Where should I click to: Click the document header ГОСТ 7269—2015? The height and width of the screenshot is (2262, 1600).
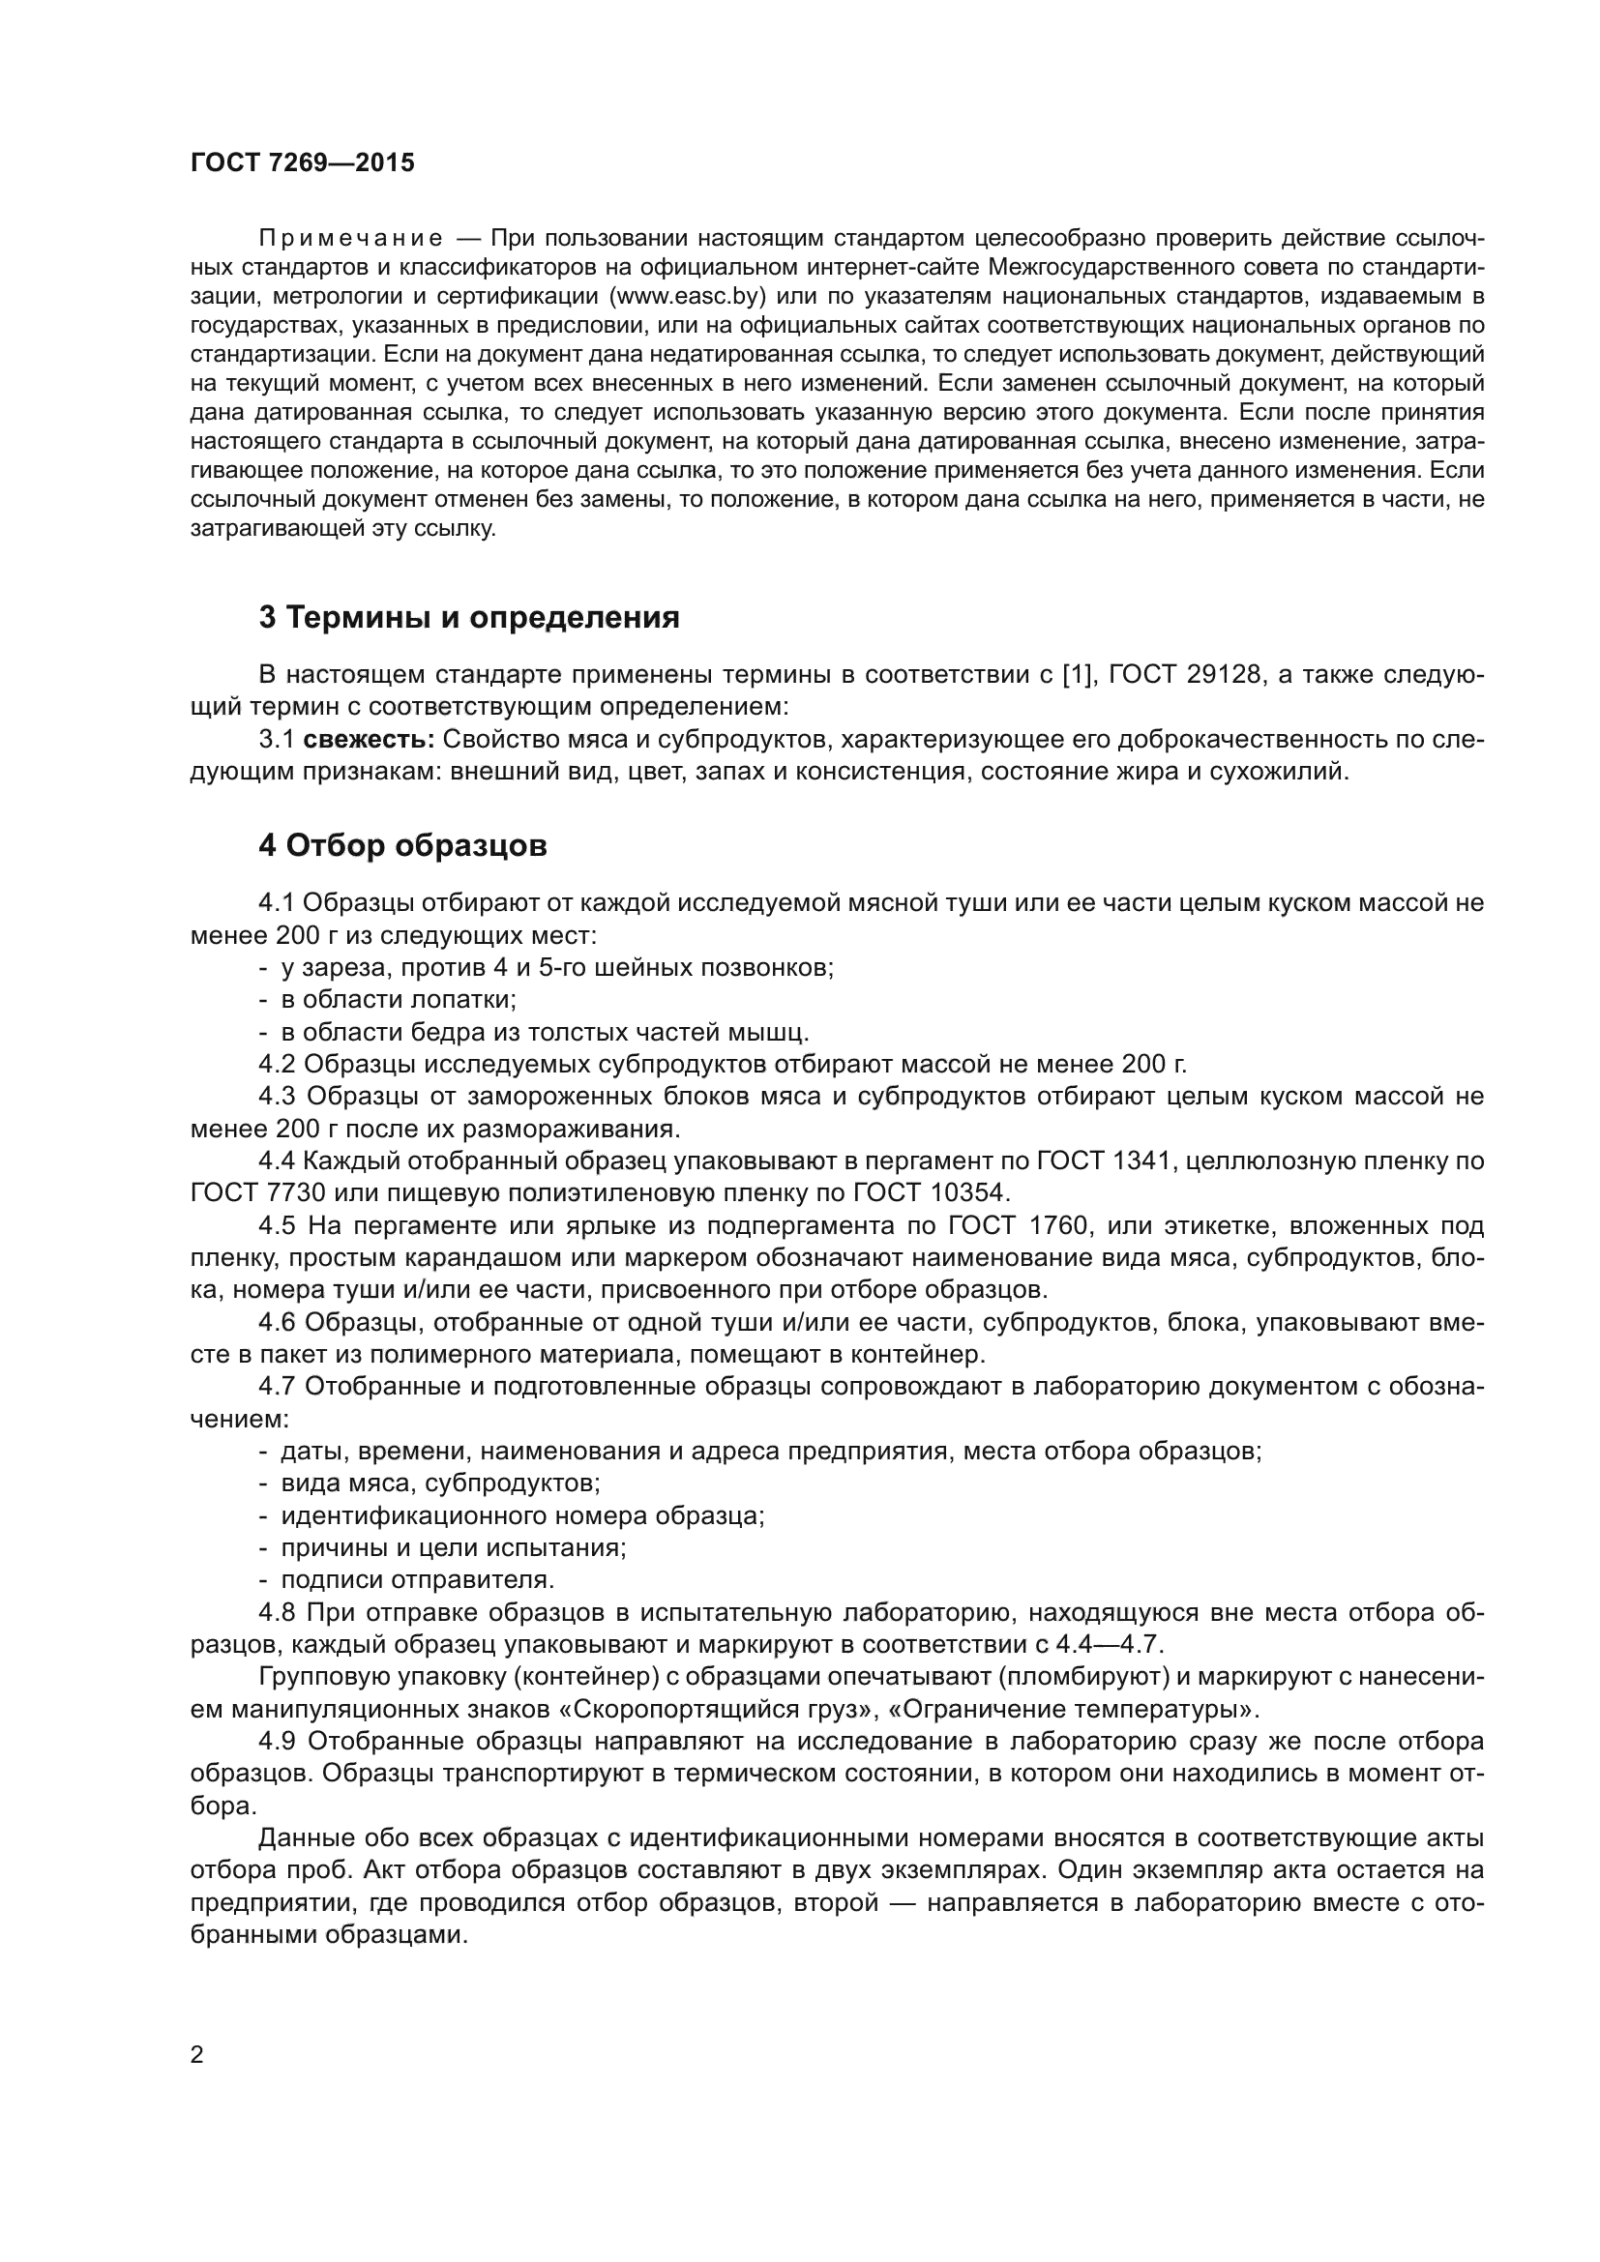tap(303, 163)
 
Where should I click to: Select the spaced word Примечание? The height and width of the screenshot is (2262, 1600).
tap(350, 240)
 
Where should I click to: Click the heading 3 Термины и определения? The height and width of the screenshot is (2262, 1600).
tap(469, 618)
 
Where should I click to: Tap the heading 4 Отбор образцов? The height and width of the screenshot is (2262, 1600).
tap(403, 845)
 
